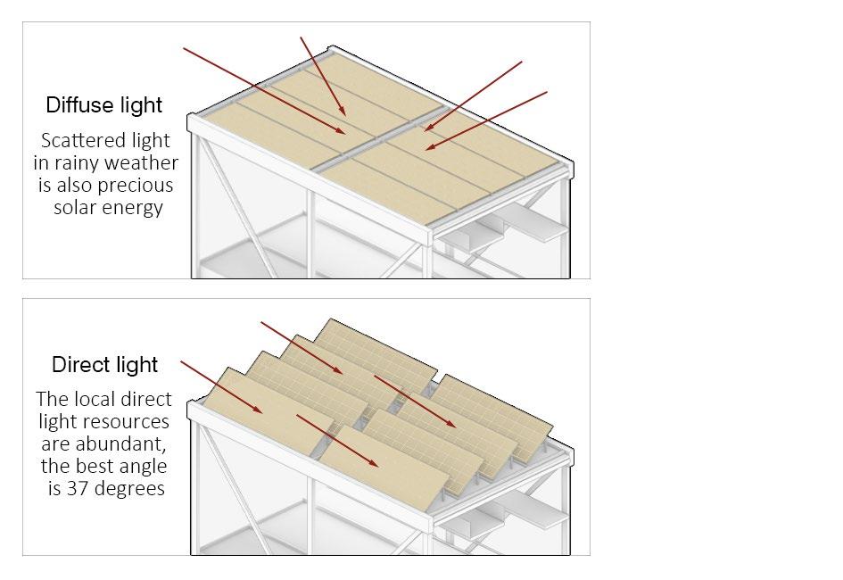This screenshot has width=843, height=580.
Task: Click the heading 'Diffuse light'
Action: (x=104, y=105)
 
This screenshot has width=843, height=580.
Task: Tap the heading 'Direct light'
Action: (x=104, y=365)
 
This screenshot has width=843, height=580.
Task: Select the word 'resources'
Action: (x=124, y=421)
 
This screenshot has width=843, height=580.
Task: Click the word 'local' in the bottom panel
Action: (x=93, y=399)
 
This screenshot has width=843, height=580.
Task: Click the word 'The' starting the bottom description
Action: (x=51, y=399)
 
